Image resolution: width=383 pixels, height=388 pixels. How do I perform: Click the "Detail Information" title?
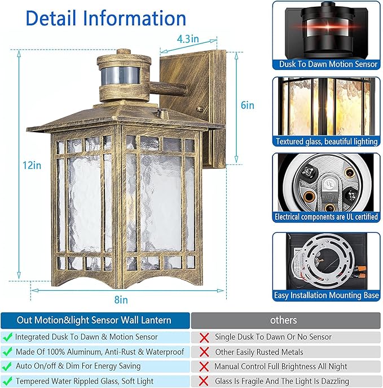pos(106,18)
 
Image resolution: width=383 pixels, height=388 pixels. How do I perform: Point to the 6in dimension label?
pos(247,105)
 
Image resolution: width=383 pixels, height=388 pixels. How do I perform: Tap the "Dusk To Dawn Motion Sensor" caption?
pos(327,64)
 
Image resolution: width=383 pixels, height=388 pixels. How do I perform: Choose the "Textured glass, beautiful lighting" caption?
pos(327,142)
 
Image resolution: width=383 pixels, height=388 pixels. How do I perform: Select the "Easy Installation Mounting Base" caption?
pos(327,295)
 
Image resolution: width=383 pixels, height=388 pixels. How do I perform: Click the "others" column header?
pos(283,320)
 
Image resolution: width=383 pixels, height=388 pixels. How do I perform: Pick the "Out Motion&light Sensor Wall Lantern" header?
pos(94,320)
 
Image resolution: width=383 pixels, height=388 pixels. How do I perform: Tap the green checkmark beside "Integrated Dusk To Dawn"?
pos(7,337)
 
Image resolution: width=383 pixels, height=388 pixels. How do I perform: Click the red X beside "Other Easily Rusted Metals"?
pos(204,352)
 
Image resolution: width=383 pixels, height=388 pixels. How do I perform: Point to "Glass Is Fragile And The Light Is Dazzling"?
pos(281,381)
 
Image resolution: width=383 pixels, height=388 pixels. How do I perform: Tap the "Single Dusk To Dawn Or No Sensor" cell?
pos(273,337)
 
